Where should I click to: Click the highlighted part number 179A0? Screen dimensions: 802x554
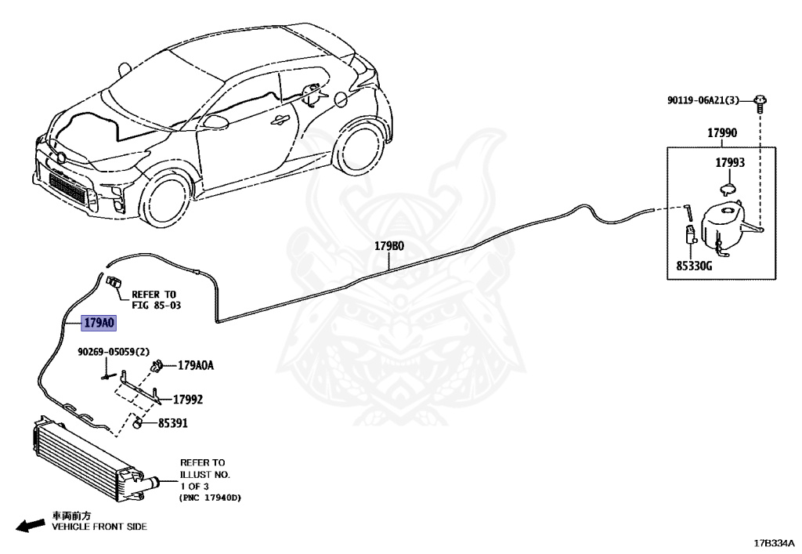[x=99, y=322]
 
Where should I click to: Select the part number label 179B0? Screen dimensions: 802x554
[x=389, y=246]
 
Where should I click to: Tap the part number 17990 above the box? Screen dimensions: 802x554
[x=721, y=133]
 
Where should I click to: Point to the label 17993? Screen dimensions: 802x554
[x=729, y=163]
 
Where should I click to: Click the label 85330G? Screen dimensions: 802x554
[x=694, y=266]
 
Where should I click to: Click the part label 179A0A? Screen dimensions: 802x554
[x=196, y=364]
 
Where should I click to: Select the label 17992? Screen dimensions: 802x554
[x=188, y=399]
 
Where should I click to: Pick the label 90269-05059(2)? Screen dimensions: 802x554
[x=114, y=352]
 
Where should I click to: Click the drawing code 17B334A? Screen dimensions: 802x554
[x=774, y=542]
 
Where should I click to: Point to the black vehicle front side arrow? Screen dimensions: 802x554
[x=30, y=526]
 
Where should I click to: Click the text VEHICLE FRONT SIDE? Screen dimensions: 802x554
[x=99, y=527]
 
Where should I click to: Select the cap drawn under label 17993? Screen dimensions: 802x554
[x=729, y=186]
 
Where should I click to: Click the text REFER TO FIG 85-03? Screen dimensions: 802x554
[x=156, y=299]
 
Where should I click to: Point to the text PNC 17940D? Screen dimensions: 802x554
[x=211, y=498]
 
